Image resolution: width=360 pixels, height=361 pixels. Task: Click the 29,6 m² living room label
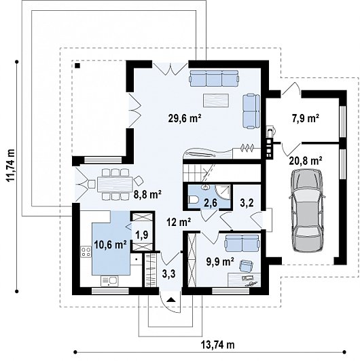[185, 118]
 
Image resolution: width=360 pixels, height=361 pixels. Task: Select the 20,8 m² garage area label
[306, 161]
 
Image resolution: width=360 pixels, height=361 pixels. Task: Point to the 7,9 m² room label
[306, 119]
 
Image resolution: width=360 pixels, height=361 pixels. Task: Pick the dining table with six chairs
[115, 184]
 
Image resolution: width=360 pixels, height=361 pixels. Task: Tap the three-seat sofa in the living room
[214, 78]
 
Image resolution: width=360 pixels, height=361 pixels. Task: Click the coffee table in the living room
[216, 100]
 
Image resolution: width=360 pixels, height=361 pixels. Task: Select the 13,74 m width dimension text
[218, 345]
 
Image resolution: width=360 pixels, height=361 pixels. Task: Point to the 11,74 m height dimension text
[11, 166]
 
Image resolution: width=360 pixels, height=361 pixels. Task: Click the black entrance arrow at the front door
[170, 299]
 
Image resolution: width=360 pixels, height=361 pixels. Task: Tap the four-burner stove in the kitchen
[86, 252]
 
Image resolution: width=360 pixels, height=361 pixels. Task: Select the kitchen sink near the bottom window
[109, 281]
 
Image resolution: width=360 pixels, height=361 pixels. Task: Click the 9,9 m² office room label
[220, 262]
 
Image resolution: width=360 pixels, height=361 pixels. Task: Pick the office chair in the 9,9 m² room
[246, 265]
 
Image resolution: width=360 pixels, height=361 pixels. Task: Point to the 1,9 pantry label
[142, 235]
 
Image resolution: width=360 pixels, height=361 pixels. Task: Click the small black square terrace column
[77, 66]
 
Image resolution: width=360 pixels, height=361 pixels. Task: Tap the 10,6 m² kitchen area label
[111, 245]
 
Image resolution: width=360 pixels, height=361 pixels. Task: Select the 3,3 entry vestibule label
[169, 273]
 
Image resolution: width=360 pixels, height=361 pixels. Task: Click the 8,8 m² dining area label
[147, 195]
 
